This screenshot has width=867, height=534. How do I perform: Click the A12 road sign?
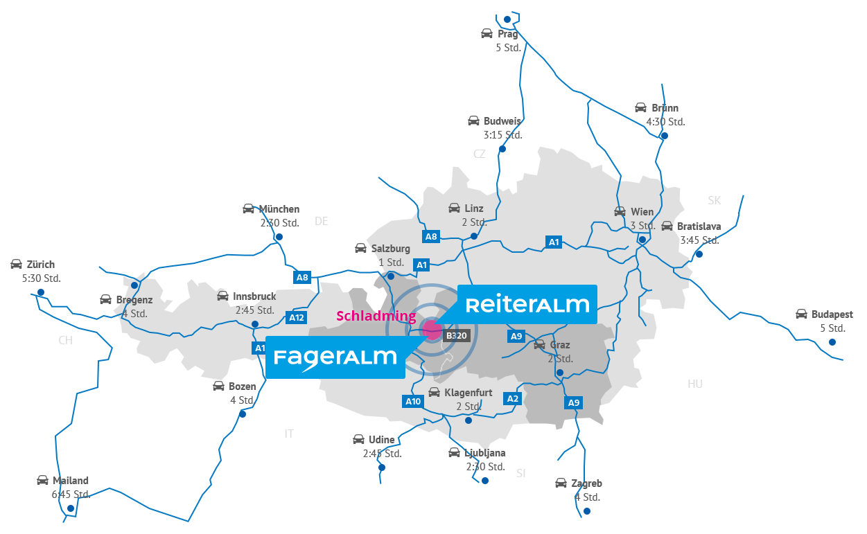click(x=296, y=318)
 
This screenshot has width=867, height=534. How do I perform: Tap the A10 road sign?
click(x=412, y=402)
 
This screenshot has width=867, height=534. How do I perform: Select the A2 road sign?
click(x=513, y=399)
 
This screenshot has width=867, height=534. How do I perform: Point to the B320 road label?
click(x=457, y=336)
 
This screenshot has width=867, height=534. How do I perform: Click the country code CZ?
click(x=480, y=154)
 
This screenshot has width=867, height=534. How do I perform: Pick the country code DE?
click(x=321, y=222)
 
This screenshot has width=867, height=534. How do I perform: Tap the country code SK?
click(x=715, y=201)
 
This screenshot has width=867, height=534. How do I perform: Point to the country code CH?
click(x=65, y=341)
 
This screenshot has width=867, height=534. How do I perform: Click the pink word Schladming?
click(x=376, y=317)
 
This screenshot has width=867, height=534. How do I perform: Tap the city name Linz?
click(x=474, y=208)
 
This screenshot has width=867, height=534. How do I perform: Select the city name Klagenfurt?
click(x=468, y=393)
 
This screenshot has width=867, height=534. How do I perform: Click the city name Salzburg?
click(x=391, y=249)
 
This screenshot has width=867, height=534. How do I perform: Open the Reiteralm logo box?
click(x=527, y=304)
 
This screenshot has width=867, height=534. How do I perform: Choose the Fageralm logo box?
click(x=335, y=358)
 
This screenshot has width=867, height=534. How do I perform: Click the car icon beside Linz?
click(x=454, y=208)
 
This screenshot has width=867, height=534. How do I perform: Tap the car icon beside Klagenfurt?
click(x=434, y=393)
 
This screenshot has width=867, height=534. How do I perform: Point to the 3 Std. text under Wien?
click(x=642, y=226)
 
